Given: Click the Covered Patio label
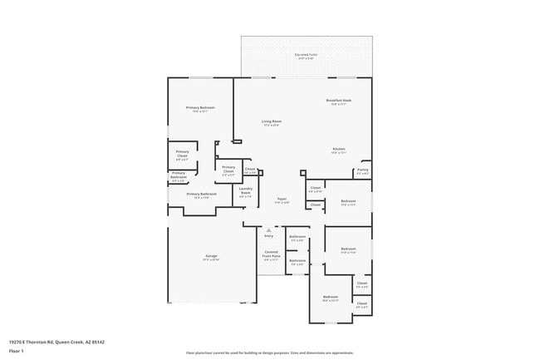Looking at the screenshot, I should pyautogui.click(x=306, y=57).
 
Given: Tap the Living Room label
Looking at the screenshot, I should pyautogui.click(x=272, y=123).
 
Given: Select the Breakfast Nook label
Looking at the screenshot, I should pyautogui.click(x=338, y=102).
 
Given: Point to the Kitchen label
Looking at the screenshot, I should pyautogui.click(x=338, y=150).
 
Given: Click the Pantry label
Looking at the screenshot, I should pyautogui.click(x=362, y=171).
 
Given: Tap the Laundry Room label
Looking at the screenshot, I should pyautogui.click(x=246, y=192).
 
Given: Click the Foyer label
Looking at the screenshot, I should pyautogui.click(x=282, y=200).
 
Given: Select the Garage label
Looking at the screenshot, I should pyautogui.click(x=212, y=257).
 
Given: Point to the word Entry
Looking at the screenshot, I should pyautogui.click(x=268, y=236).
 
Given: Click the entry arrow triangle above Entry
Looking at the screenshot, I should pyautogui.click(x=268, y=229).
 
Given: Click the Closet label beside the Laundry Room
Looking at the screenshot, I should pyautogui.click(x=250, y=170).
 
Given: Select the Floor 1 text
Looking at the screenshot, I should pyautogui.click(x=17, y=352).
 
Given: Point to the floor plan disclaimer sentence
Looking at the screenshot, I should pyautogui.click(x=270, y=353).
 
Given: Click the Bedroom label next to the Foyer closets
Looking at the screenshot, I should pyautogui.click(x=348, y=202).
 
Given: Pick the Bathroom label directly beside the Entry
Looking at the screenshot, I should pyautogui.click(x=297, y=239).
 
